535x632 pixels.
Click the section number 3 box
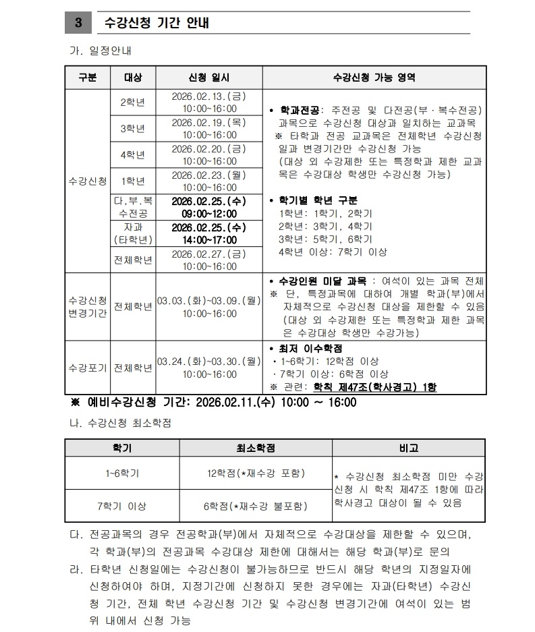click(78, 23)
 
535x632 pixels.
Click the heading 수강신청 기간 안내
click(157, 23)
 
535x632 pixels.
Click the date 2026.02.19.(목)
click(209, 123)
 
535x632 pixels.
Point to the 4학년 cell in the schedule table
click(132, 154)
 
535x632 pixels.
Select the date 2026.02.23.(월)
click(209, 175)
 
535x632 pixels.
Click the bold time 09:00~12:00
click(209, 213)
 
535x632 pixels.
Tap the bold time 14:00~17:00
click(209, 239)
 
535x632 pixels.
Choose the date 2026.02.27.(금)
click(209, 254)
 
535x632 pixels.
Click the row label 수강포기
click(87, 368)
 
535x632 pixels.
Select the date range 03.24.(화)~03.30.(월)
click(209, 362)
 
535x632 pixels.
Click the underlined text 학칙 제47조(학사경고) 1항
click(375, 387)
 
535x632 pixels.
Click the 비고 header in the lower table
click(409, 448)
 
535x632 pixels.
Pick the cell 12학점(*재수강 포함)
click(256, 473)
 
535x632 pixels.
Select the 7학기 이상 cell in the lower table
click(121, 505)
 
